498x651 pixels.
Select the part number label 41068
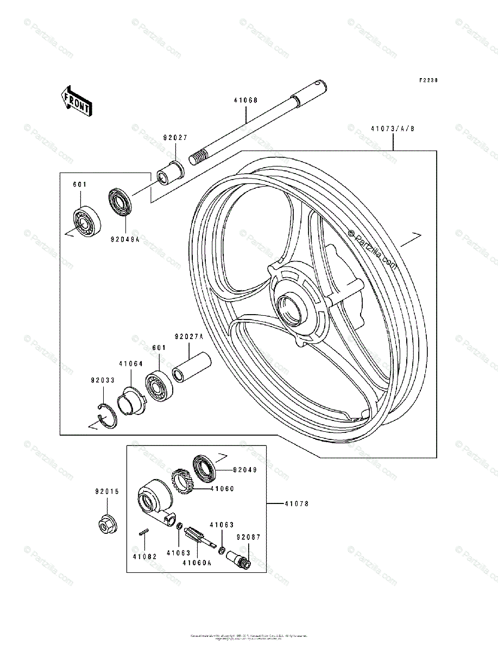pyautogui.click(x=245, y=100)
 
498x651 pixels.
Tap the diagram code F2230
pyautogui.click(x=427, y=80)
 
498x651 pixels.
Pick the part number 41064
pyautogui.click(x=130, y=364)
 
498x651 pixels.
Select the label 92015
pyautogui.click(x=105, y=492)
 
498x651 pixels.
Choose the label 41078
pyautogui.click(x=295, y=504)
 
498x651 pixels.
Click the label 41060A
pyautogui.click(x=196, y=563)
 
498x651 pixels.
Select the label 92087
pyautogui.click(x=249, y=538)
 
